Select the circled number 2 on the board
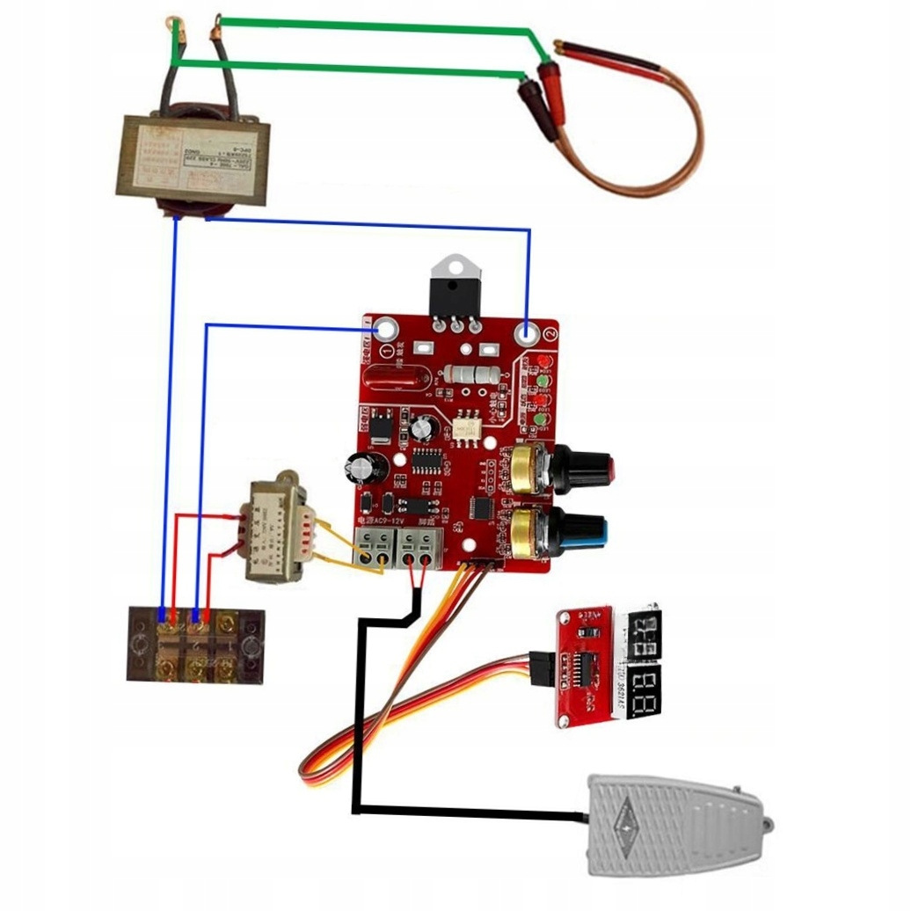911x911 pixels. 550,335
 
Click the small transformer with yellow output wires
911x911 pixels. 274,532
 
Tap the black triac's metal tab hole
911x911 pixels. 455,265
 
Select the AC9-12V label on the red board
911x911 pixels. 382,521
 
